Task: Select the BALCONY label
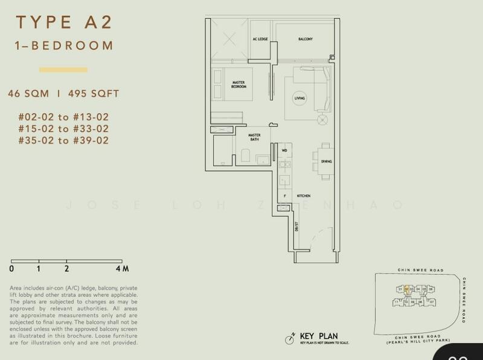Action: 305,39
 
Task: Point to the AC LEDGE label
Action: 260,39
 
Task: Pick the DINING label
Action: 327,162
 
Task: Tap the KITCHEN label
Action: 304,196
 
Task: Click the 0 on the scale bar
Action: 12,268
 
